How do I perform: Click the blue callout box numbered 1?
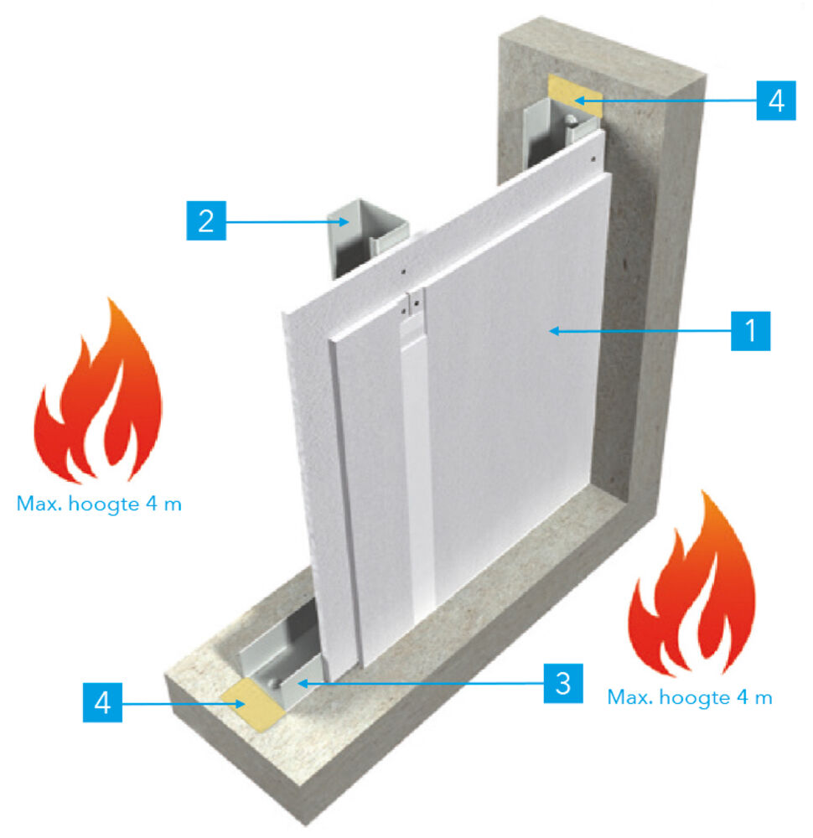pyautogui.click(x=750, y=331)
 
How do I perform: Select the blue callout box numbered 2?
pyautogui.click(x=206, y=220)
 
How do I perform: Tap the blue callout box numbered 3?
pyautogui.click(x=563, y=683)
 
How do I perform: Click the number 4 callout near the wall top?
pyautogui.click(x=776, y=101)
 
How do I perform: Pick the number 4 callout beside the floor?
pyautogui.click(x=102, y=702)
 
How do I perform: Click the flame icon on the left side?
pyautogui.click(x=98, y=393)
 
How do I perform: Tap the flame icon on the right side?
pyautogui.click(x=693, y=582)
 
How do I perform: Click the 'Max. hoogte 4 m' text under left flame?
pyautogui.click(x=99, y=504)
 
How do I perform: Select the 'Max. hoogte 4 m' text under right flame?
pyautogui.click(x=690, y=697)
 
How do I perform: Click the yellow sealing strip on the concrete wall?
pyautogui.click(x=575, y=96)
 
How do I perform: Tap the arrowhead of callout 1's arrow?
pyautogui.click(x=554, y=331)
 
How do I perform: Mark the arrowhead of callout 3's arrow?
pyautogui.click(x=302, y=683)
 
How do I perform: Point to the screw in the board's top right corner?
pyautogui.click(x=593, y=158)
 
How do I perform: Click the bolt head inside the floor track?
pyautogui.click(x=275, y=683)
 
